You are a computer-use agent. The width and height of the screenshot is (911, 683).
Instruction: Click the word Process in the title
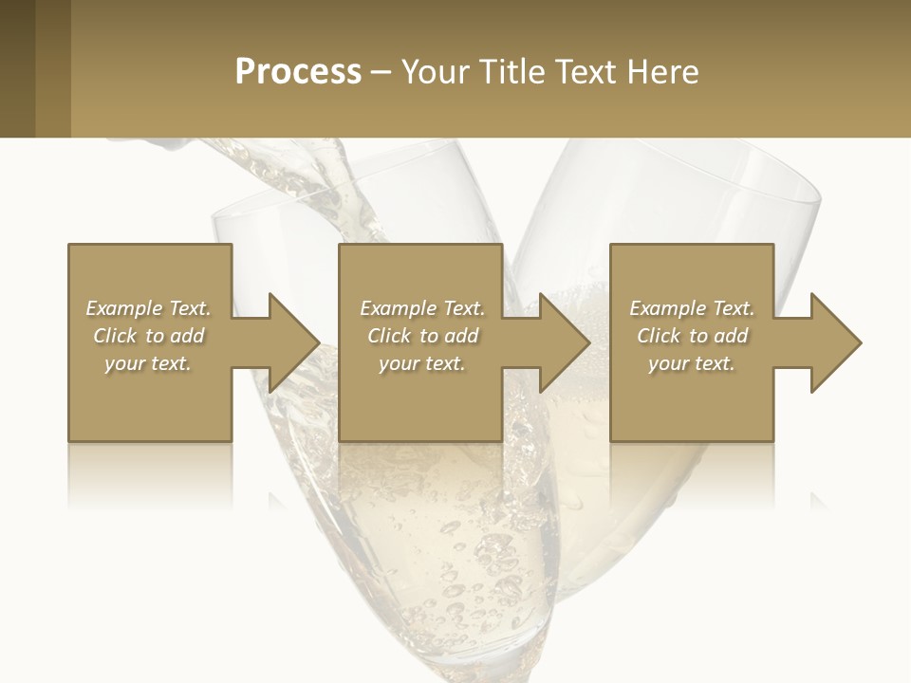pyautogui.click(x=298, y=72)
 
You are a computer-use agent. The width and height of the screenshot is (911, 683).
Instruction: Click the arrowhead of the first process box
pyautogui.click(x=294, y=342)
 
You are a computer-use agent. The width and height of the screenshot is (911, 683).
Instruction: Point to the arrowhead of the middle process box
pyautogui.click(x=565, y=342)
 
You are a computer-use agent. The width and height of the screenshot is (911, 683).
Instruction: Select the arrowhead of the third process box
pyautogui.click(x=835, y=342)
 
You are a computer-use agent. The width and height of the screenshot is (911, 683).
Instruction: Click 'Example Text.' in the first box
pyautogui.click(x=149, y=308)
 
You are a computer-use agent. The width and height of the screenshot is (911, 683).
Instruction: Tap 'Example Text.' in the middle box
pyautogui.click(x=422, y=308)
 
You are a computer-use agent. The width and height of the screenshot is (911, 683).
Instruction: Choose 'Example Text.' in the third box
pyautogui.click(x=692, y=308)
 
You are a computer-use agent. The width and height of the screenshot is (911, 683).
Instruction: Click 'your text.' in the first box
pyautogui.click(x=149, y=363)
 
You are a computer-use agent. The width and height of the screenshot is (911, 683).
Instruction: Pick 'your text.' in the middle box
pyautogui.click(x=422, y=363)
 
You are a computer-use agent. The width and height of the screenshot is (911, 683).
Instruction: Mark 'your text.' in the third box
pyautogui.click(x=692, y=363)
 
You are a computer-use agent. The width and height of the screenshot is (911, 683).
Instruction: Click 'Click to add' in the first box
pyautogui.click(x=149, y=336)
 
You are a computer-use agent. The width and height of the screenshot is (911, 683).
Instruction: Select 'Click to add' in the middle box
pyautogui.click(x=422, y=336)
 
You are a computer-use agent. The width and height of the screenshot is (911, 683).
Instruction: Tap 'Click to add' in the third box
pyautogui.click(x=692, y=336)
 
